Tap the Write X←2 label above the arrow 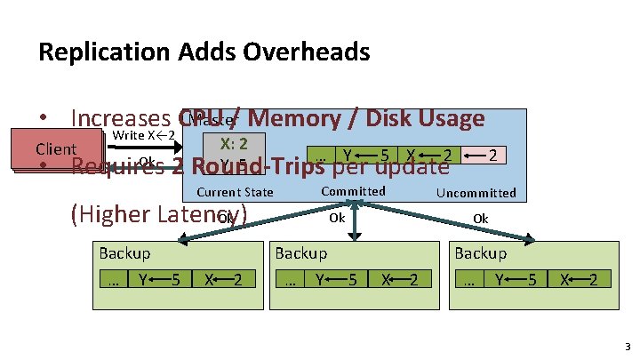pyautogui.click(x=143, y=135)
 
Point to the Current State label pyautogui.click(x=234, y=192)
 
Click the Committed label pyautogui.click(x=353, y=191)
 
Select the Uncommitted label pyautogui.click(x=476, y=193)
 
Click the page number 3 pyautogui.click(x=627, y=346)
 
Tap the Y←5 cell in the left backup pyautogui.click(x=160, y=279)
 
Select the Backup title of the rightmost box pyautogui.click(x=480, y=253)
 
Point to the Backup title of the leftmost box pyautogui.click(x=124, y=253)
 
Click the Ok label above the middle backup pyautogui.click(x=337, y=217)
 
